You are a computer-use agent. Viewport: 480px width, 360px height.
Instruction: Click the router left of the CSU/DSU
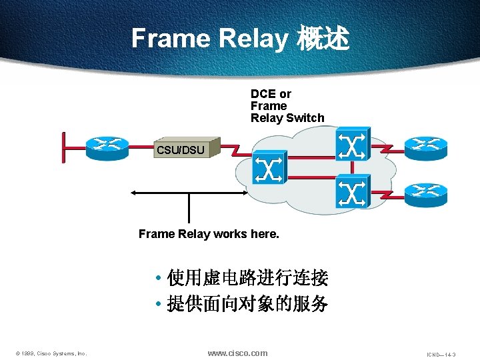[106, 147]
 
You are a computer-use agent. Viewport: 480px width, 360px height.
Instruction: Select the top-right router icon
[426, 145]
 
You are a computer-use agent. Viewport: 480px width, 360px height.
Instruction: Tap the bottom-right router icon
[426, 193]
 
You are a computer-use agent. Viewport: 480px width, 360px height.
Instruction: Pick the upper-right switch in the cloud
[351, 145]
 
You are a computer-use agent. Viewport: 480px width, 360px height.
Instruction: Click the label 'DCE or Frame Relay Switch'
[287, 106]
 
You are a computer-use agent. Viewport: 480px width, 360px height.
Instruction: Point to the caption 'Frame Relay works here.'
[209, 234]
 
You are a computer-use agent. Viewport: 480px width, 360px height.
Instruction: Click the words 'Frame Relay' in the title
[209, 39]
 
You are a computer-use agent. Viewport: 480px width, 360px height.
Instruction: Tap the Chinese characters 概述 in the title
[323, 39]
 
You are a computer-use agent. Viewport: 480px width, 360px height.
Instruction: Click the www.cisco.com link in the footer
[237, 353]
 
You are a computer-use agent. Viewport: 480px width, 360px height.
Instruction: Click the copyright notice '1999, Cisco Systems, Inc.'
[52, 353]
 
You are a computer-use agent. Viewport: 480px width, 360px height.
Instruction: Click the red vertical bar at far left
[63, 147]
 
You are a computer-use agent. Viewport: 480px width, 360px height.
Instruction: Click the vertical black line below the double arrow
[189, 208]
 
